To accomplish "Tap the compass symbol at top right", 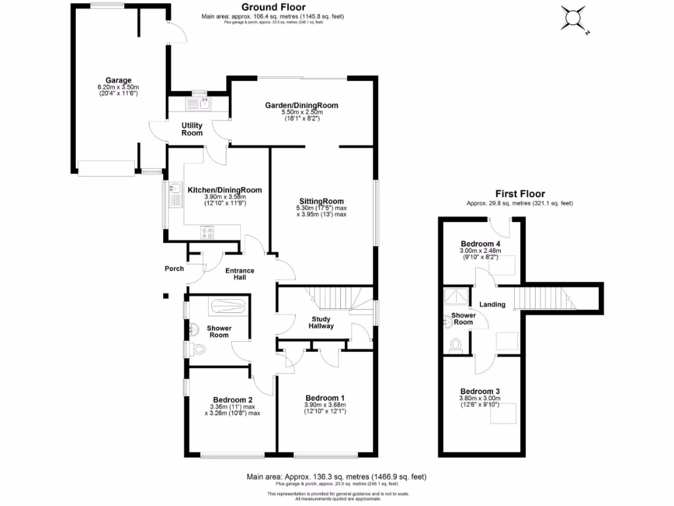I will [574, 18].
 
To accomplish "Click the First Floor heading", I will [520, 194].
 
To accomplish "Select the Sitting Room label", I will [321, 201].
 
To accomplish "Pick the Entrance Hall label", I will [240, 273].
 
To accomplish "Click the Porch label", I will [174, 268].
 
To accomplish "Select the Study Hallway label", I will [321, 322].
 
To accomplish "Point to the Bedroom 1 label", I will [324, 397].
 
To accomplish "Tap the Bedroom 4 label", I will [480, 244].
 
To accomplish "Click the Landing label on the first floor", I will [492, 304].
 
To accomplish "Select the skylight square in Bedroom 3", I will [505, 412].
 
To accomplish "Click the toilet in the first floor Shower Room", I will [454, 344].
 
